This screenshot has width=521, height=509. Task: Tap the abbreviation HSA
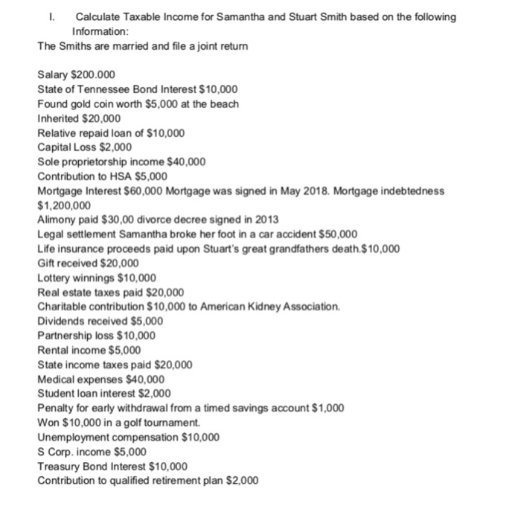(x=112, y=176)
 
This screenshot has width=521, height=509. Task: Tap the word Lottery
(x=55, y=276)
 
